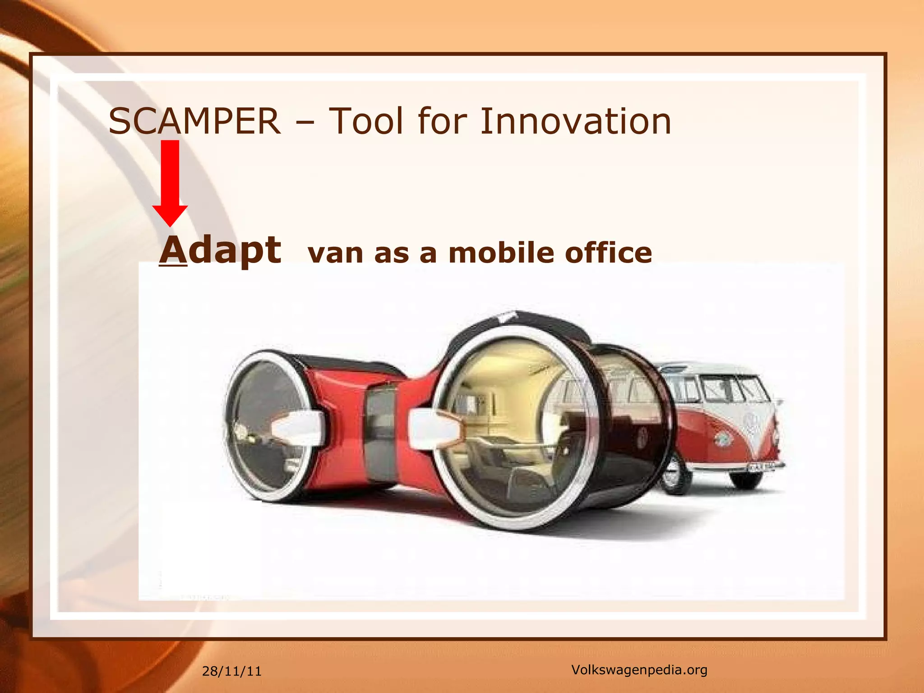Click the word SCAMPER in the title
[194, 121]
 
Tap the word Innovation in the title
[575, 121]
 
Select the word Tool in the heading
[366, 121]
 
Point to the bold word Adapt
[221, 250]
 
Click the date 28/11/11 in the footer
[231, 671]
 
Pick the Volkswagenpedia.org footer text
[639, 670]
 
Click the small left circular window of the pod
[266, 426]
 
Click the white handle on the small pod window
[298, 426]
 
